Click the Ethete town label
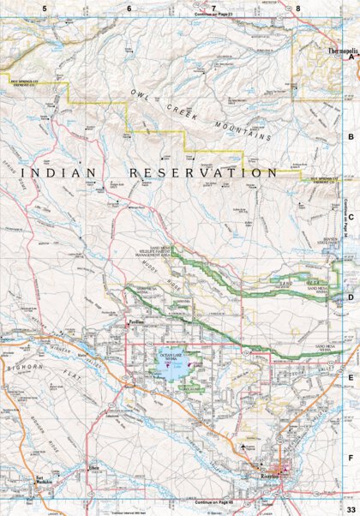coord(94,468)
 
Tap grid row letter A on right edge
coord(350,58)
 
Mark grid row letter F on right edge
coord(350,457)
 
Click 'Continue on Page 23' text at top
coord(213,15)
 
